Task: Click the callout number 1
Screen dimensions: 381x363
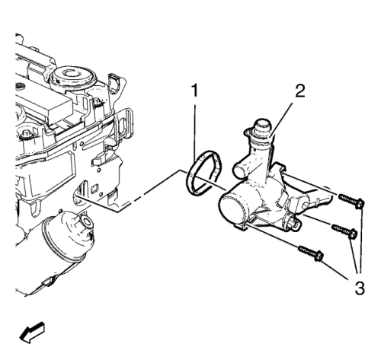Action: click(194, 91)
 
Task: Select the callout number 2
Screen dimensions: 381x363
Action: click(300, 91)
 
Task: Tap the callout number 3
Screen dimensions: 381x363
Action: click(360, 288)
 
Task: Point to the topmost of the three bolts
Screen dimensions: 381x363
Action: click(352, 200)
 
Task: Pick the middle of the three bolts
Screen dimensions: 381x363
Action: click(344, 231)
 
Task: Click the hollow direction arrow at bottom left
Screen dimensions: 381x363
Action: click(32, 333)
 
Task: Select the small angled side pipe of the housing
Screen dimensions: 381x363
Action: click(241, 168)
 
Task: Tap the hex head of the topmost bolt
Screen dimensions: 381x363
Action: click(359, 203)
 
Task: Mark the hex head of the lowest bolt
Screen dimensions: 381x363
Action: click(319, 256)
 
